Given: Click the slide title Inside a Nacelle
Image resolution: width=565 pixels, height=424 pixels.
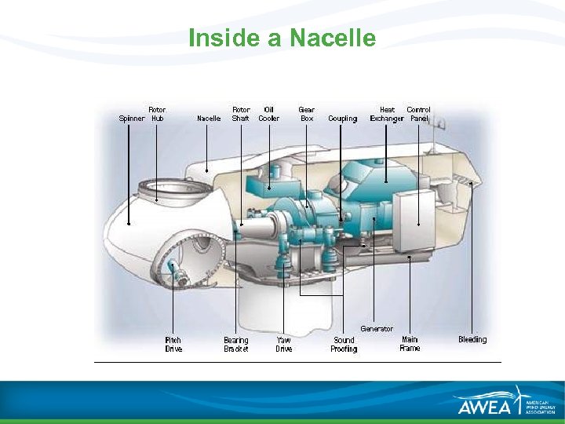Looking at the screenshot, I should pos(282,38).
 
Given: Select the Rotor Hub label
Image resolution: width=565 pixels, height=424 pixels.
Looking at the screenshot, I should pos(157,114).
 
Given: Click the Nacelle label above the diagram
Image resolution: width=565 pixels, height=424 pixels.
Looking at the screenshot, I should pos(209,119).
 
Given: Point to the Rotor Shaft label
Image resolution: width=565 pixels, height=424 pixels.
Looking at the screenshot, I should pos(241,114).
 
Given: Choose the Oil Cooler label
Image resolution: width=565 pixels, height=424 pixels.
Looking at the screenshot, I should pos(269,114).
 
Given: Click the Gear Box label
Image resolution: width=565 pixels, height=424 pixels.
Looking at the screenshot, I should pos(307,114).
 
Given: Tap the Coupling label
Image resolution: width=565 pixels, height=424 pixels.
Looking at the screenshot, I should pos(342,119).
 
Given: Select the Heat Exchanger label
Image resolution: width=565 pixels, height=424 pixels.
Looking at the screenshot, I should pos(387,114).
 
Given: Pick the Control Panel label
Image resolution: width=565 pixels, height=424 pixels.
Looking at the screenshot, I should pos(419,114).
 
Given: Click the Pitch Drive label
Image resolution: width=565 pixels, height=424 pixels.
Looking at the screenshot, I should pos(173,344).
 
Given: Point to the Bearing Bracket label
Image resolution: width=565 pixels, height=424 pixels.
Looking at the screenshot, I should pos(236,344).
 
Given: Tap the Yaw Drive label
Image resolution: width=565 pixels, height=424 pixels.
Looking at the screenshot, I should pos(284,344).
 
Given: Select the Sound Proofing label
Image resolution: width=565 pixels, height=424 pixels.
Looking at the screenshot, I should pos(344,344).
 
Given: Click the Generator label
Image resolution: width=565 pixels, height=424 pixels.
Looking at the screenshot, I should pos(377,328).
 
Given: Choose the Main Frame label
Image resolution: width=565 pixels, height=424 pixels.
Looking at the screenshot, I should pos(410,344).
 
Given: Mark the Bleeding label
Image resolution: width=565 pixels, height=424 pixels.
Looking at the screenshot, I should pos(472,339).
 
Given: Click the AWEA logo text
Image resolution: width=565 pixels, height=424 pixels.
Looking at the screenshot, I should pos(484,406).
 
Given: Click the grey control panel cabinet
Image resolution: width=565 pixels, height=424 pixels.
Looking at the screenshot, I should pos(413,212).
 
